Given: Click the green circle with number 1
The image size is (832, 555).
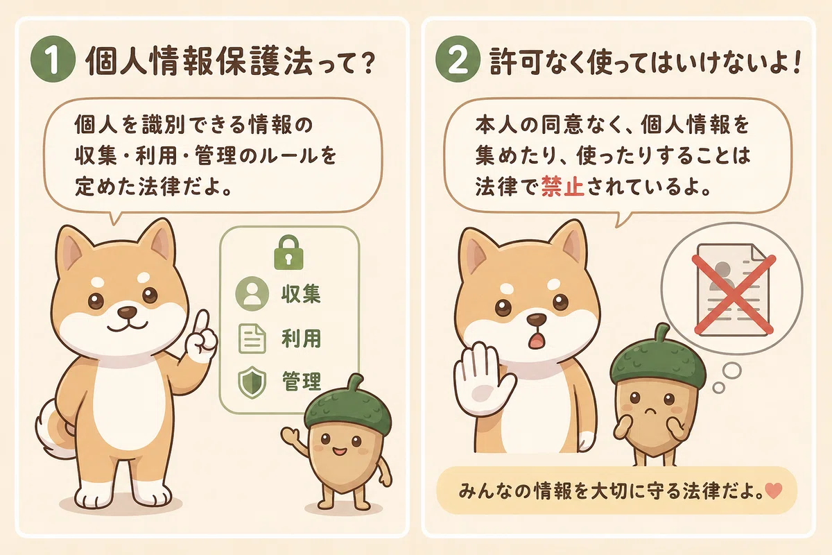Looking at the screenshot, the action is pos(53,59).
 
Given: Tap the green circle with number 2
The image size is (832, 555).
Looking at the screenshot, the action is pos(458,59).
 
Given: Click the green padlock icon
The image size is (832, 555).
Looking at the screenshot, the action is pos(288,252).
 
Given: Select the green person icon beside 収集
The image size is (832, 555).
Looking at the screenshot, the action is pos(252,293).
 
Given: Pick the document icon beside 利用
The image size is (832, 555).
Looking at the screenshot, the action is pos(252,339).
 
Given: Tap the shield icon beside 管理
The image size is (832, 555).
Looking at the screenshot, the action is pos(252,382).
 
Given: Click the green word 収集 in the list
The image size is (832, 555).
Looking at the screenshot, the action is pos(301,294).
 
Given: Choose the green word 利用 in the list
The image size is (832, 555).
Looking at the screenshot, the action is pos(301,339).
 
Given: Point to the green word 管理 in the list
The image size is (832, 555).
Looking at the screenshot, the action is pos(301,382).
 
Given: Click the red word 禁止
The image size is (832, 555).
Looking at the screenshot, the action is pos(562,187).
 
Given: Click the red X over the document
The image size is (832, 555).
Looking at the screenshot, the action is pos(734,294).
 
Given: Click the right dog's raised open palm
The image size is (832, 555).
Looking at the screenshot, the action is pos(482,379).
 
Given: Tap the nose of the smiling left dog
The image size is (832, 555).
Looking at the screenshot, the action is pos(128,312).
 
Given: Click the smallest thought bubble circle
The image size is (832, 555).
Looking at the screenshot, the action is pos(719,388).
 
